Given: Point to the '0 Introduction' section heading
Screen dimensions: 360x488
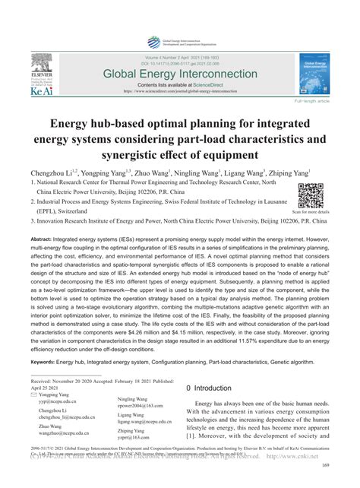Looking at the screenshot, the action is [x=213, y=388].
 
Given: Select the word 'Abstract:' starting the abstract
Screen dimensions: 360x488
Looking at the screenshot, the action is [x=46, y=239].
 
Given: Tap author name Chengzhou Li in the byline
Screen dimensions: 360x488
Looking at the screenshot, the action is [x=52, y=173].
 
